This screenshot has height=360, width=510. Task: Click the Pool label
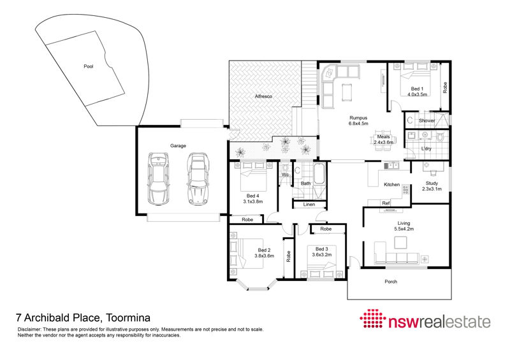pyautogui.click(x=89, y=66)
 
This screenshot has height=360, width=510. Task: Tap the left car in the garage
pyautogui.click(x=158, y=178)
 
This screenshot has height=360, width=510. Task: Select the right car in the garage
pyautogui.click(x=198, y=179)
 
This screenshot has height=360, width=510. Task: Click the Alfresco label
pyautogui.click(x=263, y=97)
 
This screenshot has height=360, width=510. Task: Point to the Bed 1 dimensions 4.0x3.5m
pyautogui.click(x=418, y=95)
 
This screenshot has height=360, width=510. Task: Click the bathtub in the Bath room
pyautogui.click(x=319, y=173)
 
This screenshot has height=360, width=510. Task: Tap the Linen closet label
pyautogui.click(x=309, y=205)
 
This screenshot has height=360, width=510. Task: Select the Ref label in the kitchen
pyautogui.click(x=386, y=203)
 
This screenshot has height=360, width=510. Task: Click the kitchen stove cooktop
pyautogui.click(x=405, y=189)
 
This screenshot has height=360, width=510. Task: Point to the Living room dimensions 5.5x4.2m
pyautogui.click(x=404, y=229)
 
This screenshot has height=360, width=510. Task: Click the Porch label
pyautogui.click(x=391, y=282)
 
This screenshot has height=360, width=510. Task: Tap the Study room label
pyautogui.click(x=432, y=184)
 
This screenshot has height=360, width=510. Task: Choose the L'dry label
pyautogui.click(x=426, y=148)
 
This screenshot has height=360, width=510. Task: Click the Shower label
pyautogui.click(x=426, y=120)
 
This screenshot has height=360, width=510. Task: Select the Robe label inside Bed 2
pyautogui.click(x=288, y=256)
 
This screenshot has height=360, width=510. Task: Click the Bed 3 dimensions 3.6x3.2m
pyautogui.click(x=322, y=255)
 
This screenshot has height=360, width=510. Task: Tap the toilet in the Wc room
pyautogui.click(x=286, y=168)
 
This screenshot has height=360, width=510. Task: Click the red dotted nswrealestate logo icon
pyautogui.click(x=372, y=319)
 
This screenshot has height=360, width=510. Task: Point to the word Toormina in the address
pyautogui.click(x=129, y=317)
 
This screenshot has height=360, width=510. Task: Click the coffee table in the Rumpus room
pyautogui.click(x=347, y=92)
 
